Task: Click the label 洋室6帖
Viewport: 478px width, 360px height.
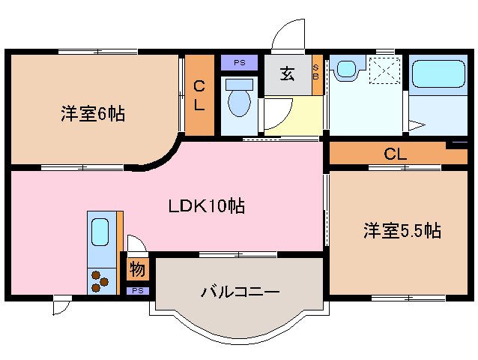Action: click(x=93, y=115)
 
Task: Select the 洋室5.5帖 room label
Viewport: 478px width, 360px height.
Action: click(x=402, y=231)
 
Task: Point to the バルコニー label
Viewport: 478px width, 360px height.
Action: click(x=240, y=291)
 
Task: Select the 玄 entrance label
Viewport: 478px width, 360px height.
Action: click(x=287, y=73)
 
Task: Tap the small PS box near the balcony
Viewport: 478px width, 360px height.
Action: click(x=137, y=290)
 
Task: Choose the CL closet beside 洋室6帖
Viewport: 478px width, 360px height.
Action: click(x=199, y=96)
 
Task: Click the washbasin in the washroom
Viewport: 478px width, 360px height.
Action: click(x=345, y=70)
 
